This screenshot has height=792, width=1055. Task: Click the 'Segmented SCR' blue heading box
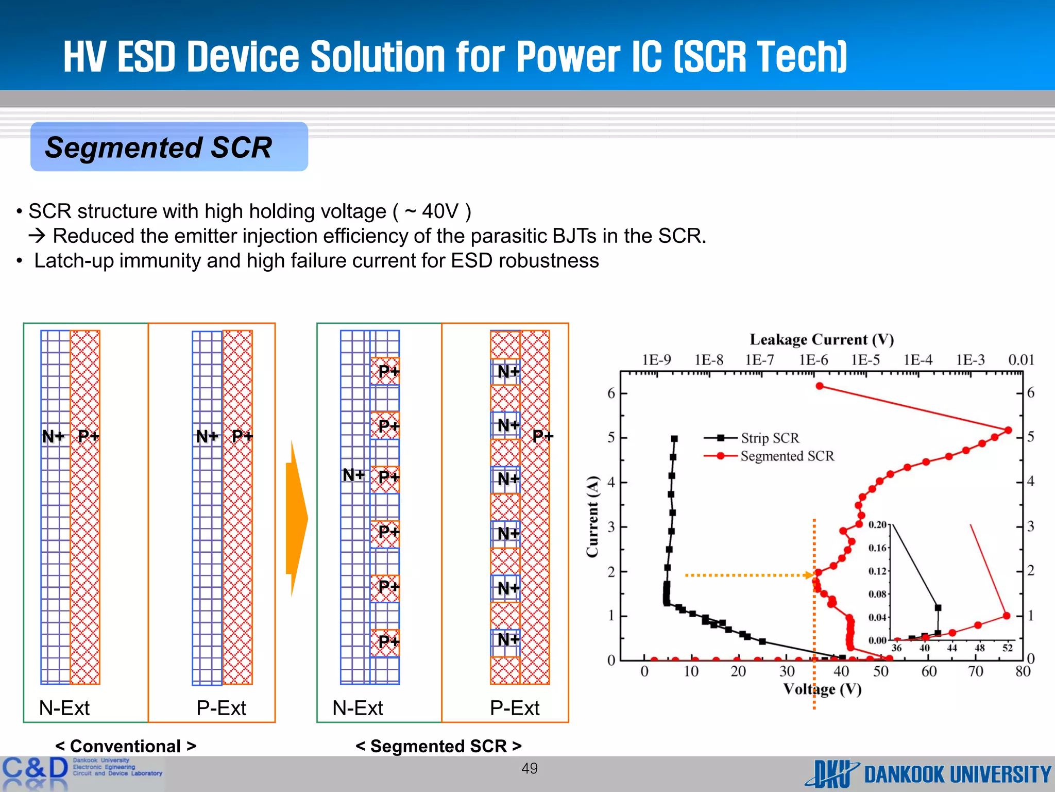(x=169, y=147)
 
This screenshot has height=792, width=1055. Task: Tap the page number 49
(x=530, y=768)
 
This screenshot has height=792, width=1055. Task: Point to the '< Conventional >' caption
(x=126, y=746)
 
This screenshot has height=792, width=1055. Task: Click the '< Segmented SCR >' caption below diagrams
(x=438, y=746)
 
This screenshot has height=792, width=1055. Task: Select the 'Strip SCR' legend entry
(x=770, y=438)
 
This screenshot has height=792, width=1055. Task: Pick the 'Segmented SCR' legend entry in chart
(x=787, y=456)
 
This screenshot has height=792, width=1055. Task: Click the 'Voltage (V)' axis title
(x=822, y=689)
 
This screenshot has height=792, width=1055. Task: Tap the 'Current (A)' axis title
(x=592, y=516)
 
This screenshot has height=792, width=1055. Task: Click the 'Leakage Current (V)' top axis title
(x=822, y=339)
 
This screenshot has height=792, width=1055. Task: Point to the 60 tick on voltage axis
(x=929, y=671)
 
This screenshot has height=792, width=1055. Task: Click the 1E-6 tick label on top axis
(x=813, y=360)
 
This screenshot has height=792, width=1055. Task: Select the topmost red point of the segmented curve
(x=820, y=386)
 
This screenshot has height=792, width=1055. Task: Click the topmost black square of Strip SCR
(x=674, y=439)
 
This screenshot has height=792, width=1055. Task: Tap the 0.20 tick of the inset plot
(x=877, y=525)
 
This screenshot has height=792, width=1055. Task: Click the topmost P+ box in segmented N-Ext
(x=385, y=371)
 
